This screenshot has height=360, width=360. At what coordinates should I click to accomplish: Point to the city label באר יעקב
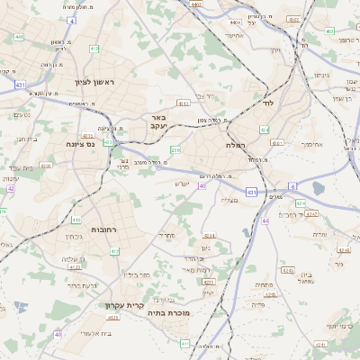(x=158, y=121)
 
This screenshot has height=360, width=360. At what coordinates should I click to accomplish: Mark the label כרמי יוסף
(x=339, y=325)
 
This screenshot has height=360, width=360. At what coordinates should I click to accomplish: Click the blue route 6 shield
(x=292, y=185)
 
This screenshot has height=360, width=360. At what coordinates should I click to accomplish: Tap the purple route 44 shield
(x=265, y=220)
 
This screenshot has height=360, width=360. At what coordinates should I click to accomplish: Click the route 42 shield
(x=11, y=188)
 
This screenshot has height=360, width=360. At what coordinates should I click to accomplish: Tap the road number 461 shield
(x=277, y=142)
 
